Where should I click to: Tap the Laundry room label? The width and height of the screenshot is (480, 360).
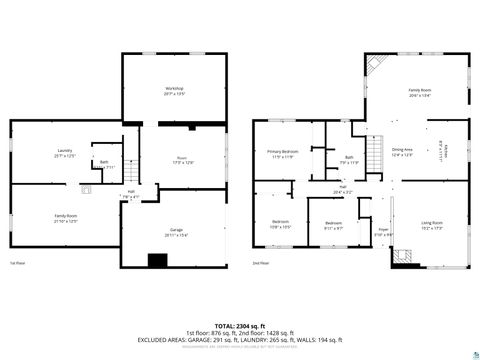[x=64, y=153]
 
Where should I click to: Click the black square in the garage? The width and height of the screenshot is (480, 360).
[x=156, y=261]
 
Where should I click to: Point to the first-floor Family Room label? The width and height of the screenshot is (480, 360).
[x=65, y=217]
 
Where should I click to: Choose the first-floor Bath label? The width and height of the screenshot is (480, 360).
[x=104, y=162]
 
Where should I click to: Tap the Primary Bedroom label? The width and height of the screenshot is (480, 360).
[x=281, y=153]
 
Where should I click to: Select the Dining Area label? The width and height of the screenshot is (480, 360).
[x=402, y=151]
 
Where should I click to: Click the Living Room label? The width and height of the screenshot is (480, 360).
[x=432, y=224]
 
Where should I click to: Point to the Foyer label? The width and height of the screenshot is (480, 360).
[x=382, y=231]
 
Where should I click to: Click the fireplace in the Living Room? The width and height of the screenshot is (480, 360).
[x=404, y=257]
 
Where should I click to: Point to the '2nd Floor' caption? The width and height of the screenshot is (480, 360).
[x=262, y=263]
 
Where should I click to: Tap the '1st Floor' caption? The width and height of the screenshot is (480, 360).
[x=16, y=263]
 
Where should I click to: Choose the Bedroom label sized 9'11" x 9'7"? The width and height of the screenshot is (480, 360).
[x=333, y=225]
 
